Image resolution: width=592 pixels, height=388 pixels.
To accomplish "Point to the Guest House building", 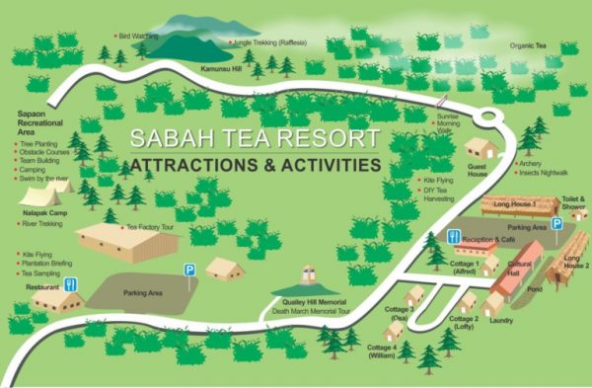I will coord(481,148).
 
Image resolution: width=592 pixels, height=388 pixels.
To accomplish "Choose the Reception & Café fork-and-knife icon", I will coord(453,237).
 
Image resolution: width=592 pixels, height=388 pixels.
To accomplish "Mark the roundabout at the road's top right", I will coord(485,118).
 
